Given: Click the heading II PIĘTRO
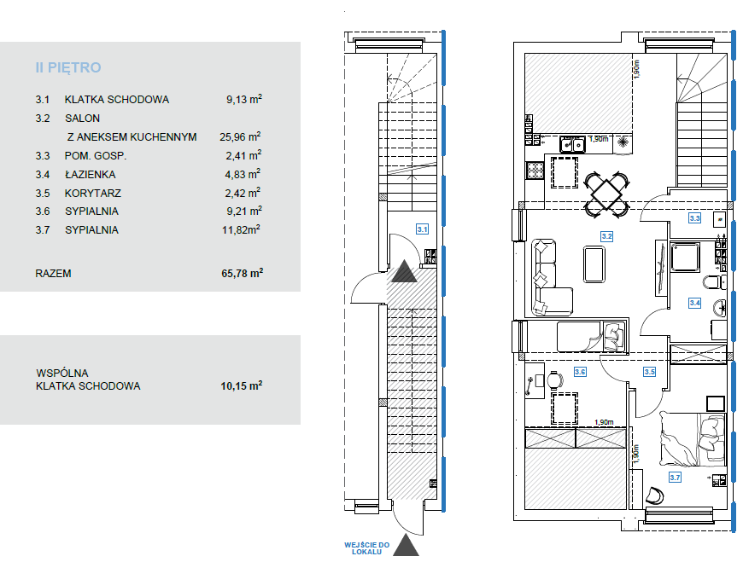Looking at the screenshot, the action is (x=68, y=67).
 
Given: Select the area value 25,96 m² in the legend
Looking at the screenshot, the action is (x=240, y=136).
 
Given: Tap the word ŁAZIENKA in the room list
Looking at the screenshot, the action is (x=90, y=175).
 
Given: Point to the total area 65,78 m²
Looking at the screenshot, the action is (x=243, y=273).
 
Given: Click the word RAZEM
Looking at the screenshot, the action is (x=53, y=274).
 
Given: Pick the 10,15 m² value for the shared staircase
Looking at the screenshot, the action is (x=241, y=385).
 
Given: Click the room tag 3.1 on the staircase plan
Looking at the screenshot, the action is (x=422, y=229).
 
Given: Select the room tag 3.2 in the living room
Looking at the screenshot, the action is (x=607, y=236).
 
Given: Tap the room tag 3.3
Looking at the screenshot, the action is (x=694, y=218).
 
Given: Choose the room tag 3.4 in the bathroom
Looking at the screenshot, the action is (x=694, y=303).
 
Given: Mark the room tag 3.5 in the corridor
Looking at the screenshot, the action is (x=649, y=372).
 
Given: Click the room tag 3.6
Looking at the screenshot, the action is (x=580, y=372).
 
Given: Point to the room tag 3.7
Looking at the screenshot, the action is (x=675, y=478).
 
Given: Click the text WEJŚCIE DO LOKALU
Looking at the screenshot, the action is (x=366, y=548).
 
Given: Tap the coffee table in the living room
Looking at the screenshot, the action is (x=594, y=264).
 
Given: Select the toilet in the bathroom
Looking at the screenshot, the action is (x=714, y=283).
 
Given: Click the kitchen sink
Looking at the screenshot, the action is (x=572, y=144).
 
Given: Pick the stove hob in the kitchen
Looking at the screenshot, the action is (x=535, y=171).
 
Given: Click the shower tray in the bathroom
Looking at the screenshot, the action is (x=685, y=257).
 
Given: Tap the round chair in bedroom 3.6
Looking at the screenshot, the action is (x=555, y=379).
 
